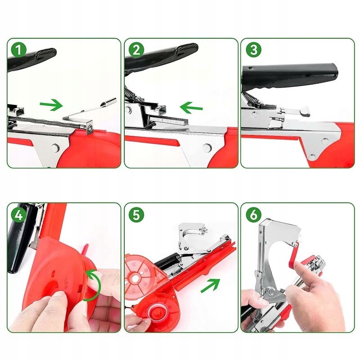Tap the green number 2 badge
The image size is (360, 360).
click(136, 50)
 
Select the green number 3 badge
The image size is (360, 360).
click(254, 50)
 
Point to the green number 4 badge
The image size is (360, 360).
click(19, 215)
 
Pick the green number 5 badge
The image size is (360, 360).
click(136, 215)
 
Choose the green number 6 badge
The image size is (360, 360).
click(254, 215)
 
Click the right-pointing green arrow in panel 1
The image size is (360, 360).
click(51, 105)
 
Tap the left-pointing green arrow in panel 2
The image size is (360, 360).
click(191, 107)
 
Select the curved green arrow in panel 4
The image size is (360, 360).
click(93, 285)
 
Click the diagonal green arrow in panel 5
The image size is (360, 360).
click(210, 285)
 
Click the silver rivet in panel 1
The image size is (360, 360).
click(55, 147)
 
